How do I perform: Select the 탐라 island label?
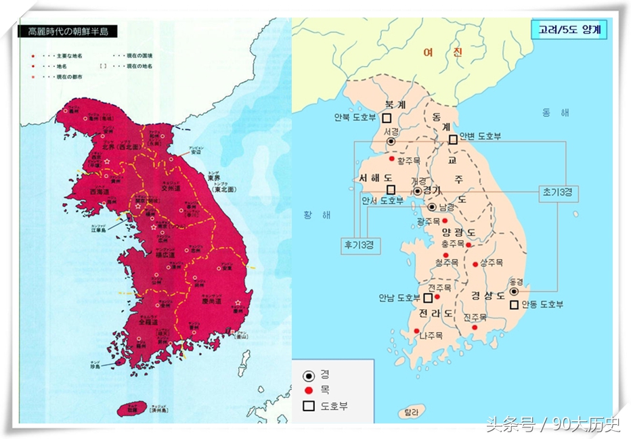click(412, 411)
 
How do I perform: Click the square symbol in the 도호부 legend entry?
click(308, 407)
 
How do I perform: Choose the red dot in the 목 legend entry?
click(308, 390)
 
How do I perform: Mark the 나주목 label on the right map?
click(431, 336)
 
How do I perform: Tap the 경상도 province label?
click(487, 296)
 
